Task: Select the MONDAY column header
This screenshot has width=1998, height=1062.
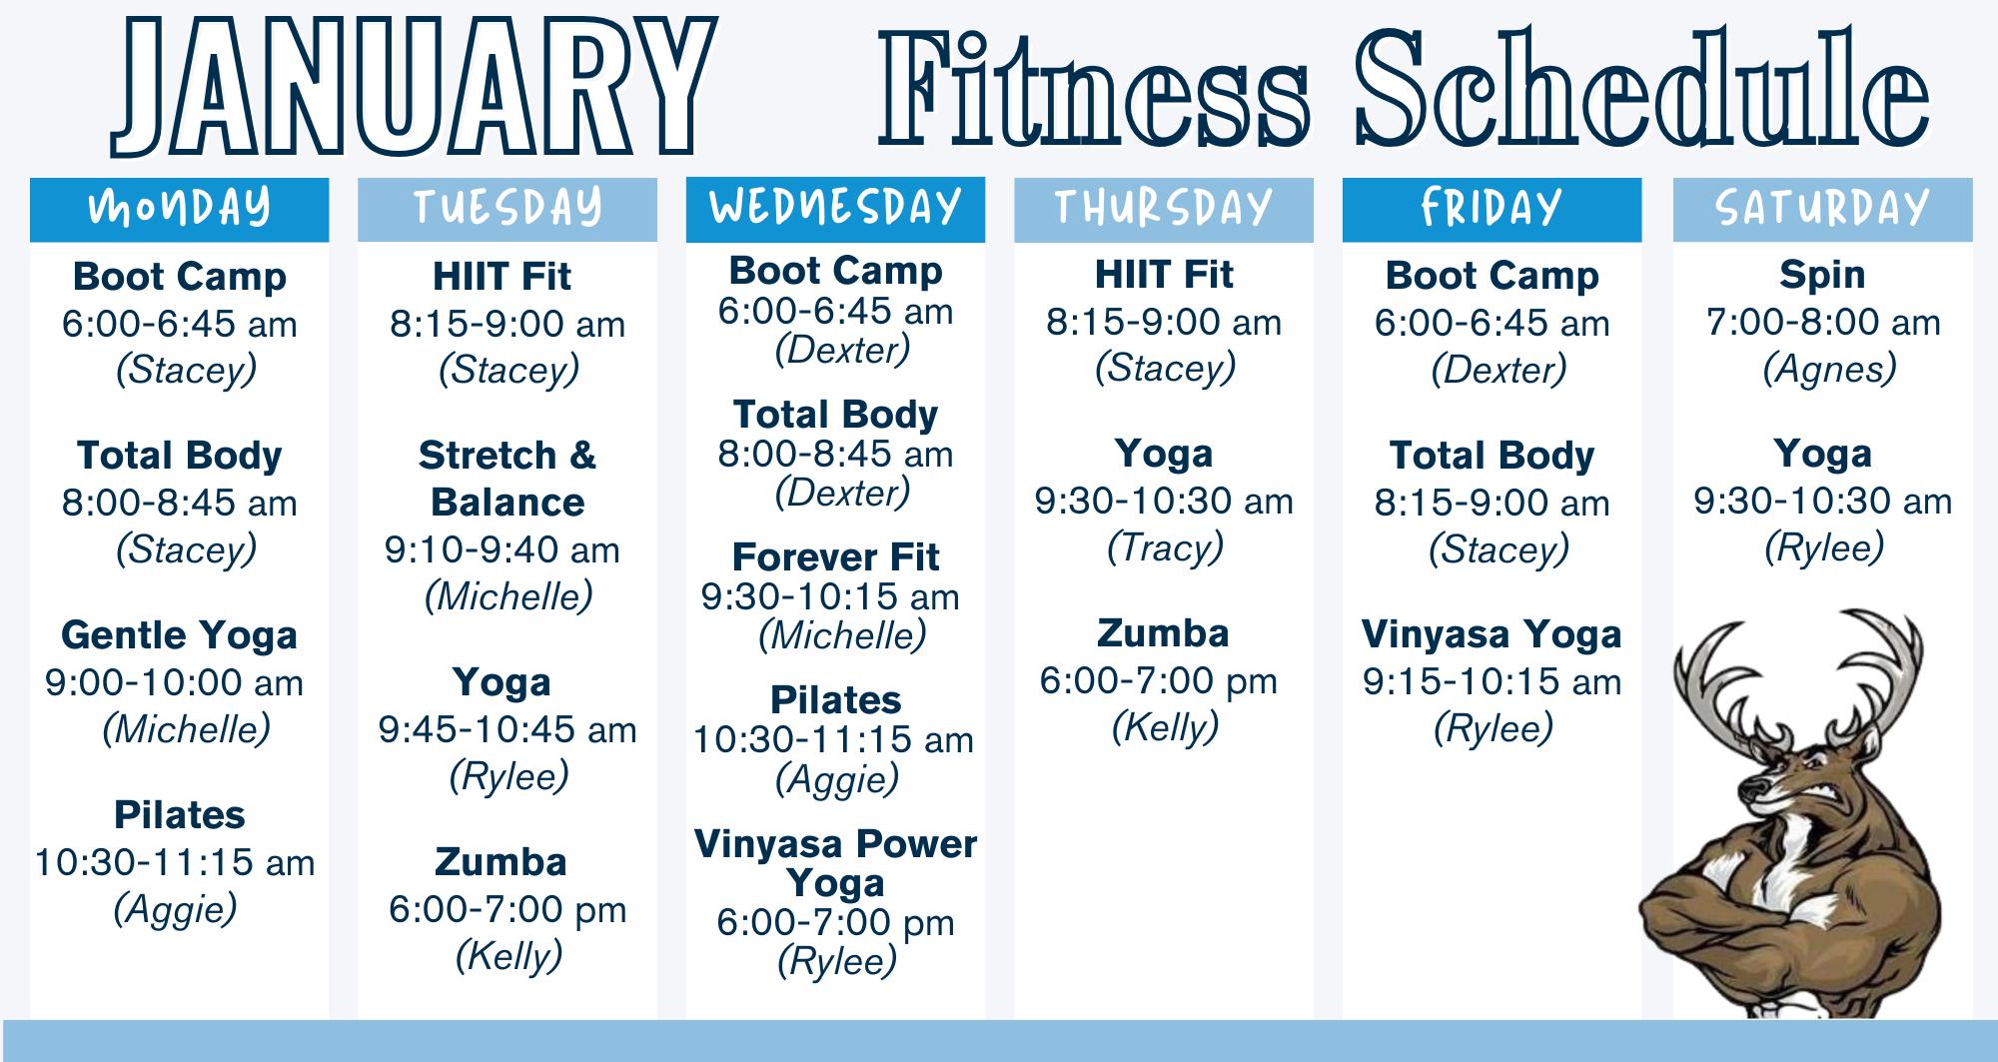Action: tap(180, 210)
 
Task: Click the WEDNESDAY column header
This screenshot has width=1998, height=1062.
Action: tap(835, 210)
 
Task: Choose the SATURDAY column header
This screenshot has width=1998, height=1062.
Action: tap(1823, 210)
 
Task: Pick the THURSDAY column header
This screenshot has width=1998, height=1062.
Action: tap(1164, 210)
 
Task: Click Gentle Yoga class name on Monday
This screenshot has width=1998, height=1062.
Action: tap(180, 636)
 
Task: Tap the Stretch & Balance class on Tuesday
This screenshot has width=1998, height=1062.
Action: tap(507, 479)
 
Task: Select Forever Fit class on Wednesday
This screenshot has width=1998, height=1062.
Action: tap(836, 556)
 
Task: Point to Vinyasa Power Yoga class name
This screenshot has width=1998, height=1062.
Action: tap(836, 863)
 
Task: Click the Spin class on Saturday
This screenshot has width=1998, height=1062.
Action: tap(1823, 276)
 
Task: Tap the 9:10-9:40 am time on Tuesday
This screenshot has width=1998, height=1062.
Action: tap(503, 549)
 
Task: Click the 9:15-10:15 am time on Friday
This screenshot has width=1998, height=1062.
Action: tap(1493, 682)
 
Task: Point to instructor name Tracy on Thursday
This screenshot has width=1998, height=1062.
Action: tap(1165, 548)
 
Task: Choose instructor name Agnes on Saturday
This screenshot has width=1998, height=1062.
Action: tap(1829, 371)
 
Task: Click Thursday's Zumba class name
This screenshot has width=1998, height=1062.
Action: tap(1164, 633)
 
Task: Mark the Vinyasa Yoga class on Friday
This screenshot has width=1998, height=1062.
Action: tap(1493, 635)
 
